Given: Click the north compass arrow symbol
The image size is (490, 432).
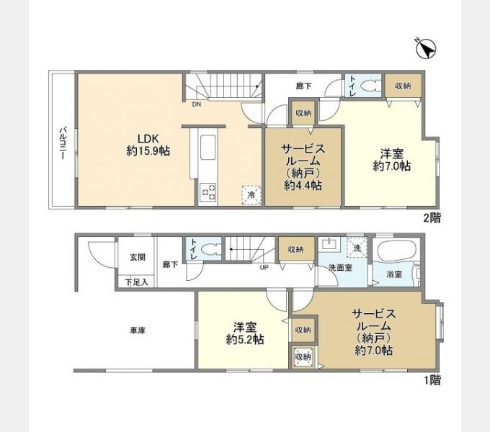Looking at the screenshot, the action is point(427,48).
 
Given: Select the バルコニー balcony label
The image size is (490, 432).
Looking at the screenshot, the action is point(63,143).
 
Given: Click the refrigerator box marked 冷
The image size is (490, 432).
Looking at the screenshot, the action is point(251,195).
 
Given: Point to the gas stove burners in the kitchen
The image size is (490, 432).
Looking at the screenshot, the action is point(208,192).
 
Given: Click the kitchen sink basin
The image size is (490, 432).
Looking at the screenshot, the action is point(208,148).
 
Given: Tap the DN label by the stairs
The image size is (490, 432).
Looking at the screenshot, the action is point(196,105).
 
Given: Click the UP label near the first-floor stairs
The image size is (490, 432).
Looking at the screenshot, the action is point(264,268).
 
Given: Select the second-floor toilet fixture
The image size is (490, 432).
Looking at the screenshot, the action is point(370,86).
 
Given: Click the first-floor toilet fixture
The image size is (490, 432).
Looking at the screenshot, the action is point(210,249).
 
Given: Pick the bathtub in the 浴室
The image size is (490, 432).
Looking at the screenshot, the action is point(396,250).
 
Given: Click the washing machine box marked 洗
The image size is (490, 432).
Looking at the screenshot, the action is point(357,248).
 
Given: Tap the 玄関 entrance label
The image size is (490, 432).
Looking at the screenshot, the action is point(138,258).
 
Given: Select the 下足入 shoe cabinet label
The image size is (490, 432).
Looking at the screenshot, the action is point(137,282).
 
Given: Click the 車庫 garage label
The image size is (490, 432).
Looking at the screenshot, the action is point(138,330).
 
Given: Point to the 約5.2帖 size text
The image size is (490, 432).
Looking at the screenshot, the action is point(245,340).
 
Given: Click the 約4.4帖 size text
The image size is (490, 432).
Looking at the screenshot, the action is point(303,186).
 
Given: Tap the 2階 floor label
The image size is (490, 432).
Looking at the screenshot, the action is point(432,218).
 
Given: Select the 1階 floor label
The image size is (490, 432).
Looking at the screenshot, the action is point(432,380).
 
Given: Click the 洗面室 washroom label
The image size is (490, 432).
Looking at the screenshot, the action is point(340,268).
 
